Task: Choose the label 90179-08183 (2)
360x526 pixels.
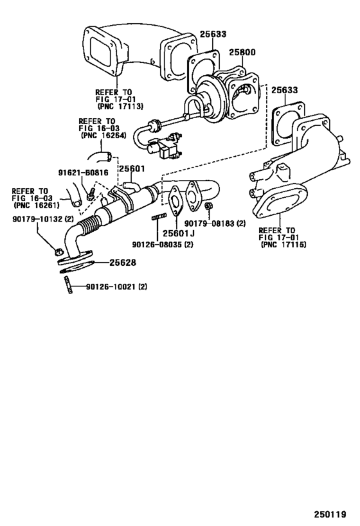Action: click(219, 223)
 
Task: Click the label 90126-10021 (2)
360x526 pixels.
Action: click(116, 286)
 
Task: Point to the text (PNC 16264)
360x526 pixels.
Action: click(104, 136)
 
